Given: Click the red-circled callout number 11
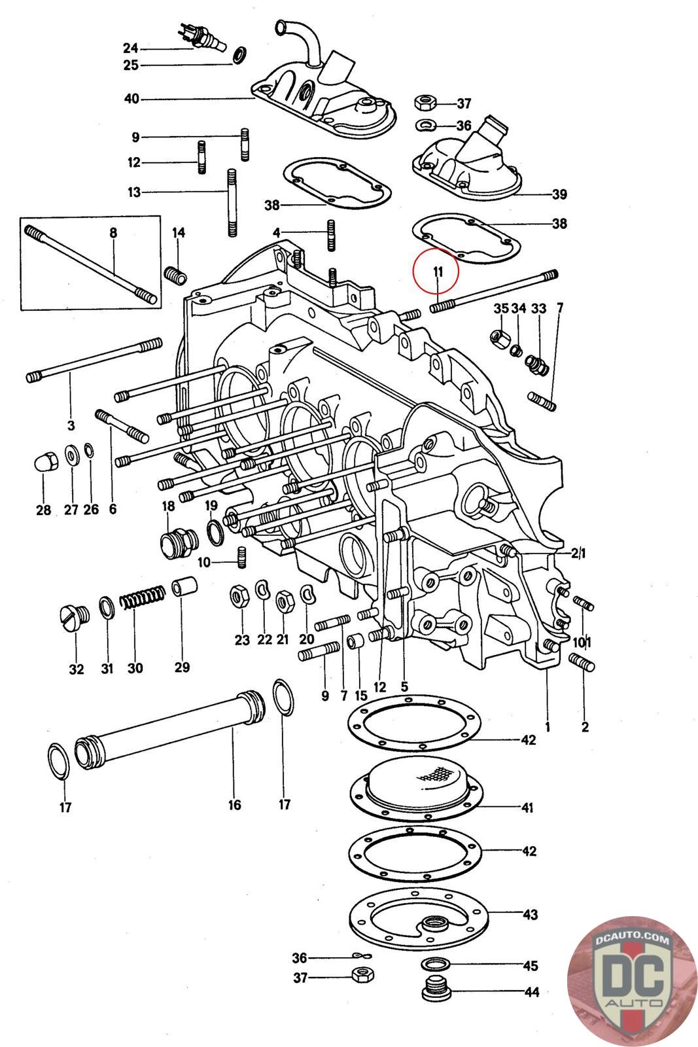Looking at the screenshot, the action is pyautogui.click(x=437, y=272).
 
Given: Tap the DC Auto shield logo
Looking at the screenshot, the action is pyautogui.click(x=632, y=981).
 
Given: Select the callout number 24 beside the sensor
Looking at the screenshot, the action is pyautogui.click(x=131, y=48).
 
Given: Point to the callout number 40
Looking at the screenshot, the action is pyautogui.click(x=131, y=99).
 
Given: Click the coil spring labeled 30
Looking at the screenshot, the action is pyautogui.click(x=143, y=597).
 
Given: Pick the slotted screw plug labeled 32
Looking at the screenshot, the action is pyautogui.click(x=75, y=619).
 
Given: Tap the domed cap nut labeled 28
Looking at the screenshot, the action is pyautogui.click(x=46, y=462).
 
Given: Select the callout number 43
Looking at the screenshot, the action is pyautogui.click(x=530, y=914).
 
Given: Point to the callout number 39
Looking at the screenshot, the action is pyautogui.click(x=559, y=194).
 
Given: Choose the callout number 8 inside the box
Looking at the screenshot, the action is pyautogui.click(x=114, y=232).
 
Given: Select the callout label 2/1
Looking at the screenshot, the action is pyautogui.click(x=578, y=554).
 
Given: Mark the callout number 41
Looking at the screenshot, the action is pyautogui.click(x=527, y=807).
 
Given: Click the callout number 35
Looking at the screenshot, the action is pyautogui.click(x=501, y=308).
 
